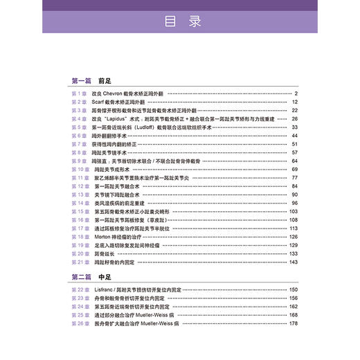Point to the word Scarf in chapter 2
[98, 102]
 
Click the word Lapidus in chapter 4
[120, 119]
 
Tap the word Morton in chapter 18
[101, 236]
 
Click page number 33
[294, 127]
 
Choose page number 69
[294, 169]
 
